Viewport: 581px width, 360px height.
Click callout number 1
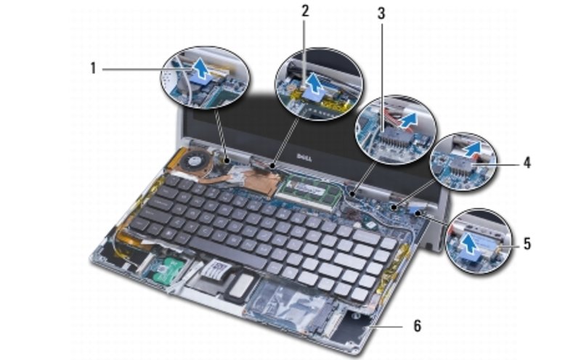coord(93,68)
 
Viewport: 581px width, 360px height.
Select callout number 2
coord(304,11)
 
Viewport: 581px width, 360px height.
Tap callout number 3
coord(381,13)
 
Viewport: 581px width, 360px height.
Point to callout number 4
coord(527,163)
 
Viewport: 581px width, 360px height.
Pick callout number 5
coord(527,243)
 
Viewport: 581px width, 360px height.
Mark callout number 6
coord(417,326)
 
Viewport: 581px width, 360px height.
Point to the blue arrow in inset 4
coord(473,150)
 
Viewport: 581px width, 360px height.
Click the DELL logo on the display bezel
coord(303,158)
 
